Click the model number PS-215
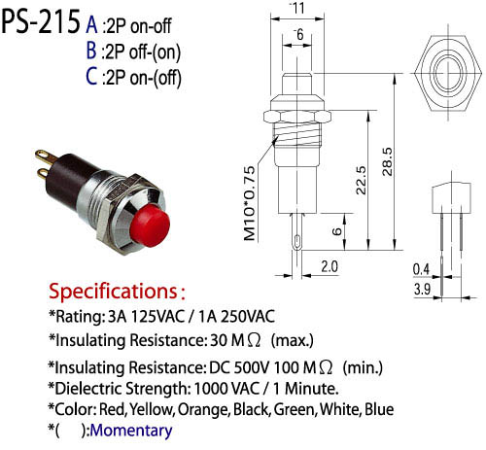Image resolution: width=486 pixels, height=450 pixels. [x=41, y=21]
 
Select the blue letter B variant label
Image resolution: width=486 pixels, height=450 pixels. [x=91, y=51]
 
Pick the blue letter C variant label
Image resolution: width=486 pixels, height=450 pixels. [x=91, y=77]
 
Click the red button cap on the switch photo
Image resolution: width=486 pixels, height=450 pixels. [x=152, y=225]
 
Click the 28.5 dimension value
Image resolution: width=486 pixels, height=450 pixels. [x=388, y=161]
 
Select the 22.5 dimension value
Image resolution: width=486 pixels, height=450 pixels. [x=361, y=180]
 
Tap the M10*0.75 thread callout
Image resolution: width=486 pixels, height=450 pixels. [x=250, y=203]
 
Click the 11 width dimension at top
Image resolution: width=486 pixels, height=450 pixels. [x=298, y=8]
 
